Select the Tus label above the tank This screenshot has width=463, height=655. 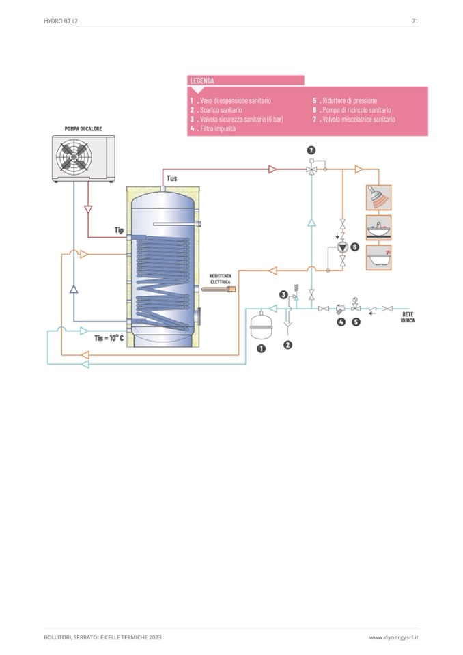click(x=172, y=178)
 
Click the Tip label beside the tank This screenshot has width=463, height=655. click(x=118, y=230)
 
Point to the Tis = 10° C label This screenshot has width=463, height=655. click(x=109, y=337)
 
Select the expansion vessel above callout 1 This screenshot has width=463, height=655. click(x=260, y=326)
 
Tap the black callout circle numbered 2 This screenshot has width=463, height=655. click(x=288, y=345)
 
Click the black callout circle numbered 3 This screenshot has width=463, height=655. click(x=283, y=294)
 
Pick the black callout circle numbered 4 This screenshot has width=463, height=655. click(x=341, y=322)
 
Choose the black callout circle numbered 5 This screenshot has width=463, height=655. click(x=356, y=322)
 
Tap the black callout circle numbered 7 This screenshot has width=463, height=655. click(x=311, y=150)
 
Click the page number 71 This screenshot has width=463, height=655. click(x=415, y=21)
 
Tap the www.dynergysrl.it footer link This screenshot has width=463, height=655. click(x=393, y=637)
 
